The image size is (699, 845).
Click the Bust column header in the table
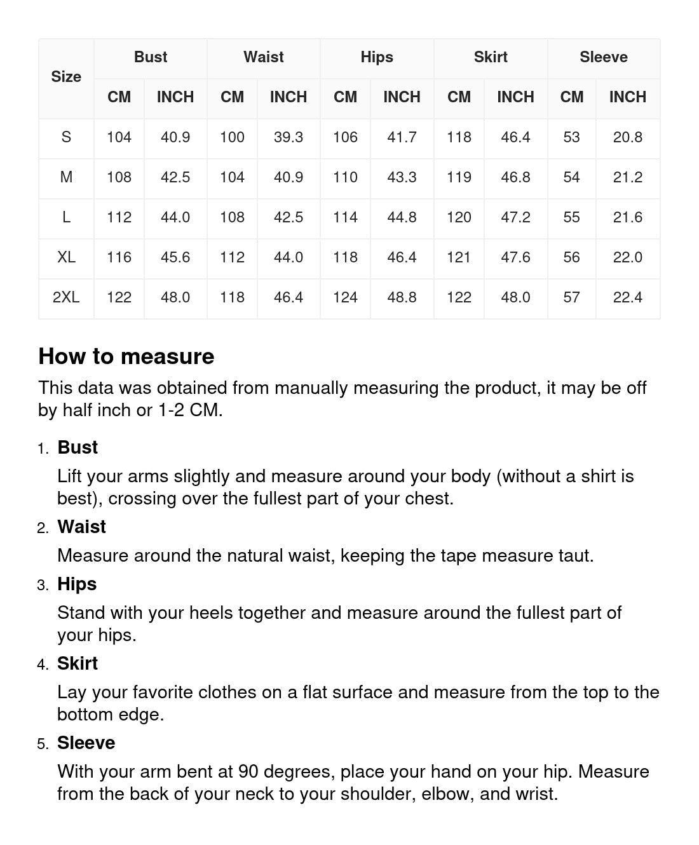click(151, 57)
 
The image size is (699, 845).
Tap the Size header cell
click(66, 77)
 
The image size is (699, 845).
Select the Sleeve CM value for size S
click(571, 137)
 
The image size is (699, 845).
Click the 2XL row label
click(66, 297)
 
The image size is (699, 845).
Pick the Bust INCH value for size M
click(175, 177)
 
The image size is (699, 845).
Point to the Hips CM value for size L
click(345, 217)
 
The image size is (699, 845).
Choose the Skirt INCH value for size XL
click(515, 257)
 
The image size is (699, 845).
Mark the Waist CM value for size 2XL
click(232, 297)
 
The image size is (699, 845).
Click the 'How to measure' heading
click(126, 356)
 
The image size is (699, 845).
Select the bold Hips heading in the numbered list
click(77, 584)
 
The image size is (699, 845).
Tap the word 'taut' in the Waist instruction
click(574, 556)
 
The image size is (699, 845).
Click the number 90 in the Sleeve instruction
click(248, 772)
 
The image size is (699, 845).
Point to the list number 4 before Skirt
click(43, 665)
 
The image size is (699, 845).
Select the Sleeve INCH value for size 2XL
click(627, 297)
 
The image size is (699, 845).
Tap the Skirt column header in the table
click(491, 57)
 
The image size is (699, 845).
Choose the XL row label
click(66, 257)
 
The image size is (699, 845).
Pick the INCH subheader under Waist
click(288, 97)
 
